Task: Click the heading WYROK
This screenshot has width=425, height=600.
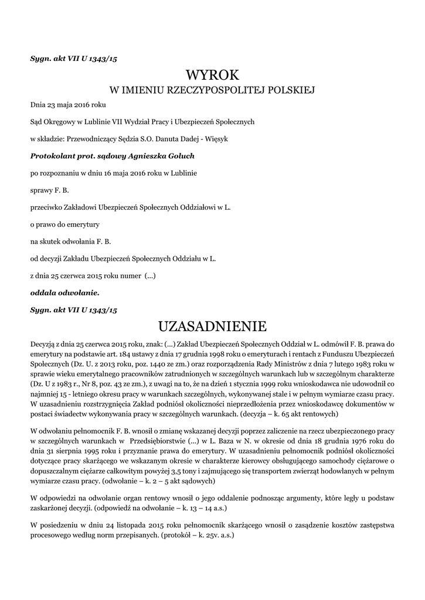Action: click(x=213, y=75)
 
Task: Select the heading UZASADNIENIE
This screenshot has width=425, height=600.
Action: click(x=213, y=325)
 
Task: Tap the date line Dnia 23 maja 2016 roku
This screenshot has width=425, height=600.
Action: click(x=68, y=105)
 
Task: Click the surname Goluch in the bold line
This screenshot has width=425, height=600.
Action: click(x=178, y=156)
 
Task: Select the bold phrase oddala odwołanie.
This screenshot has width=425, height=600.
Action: click(x=65, y=291)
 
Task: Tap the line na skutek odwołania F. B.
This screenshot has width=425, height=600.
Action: click(x=71, y=241)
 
